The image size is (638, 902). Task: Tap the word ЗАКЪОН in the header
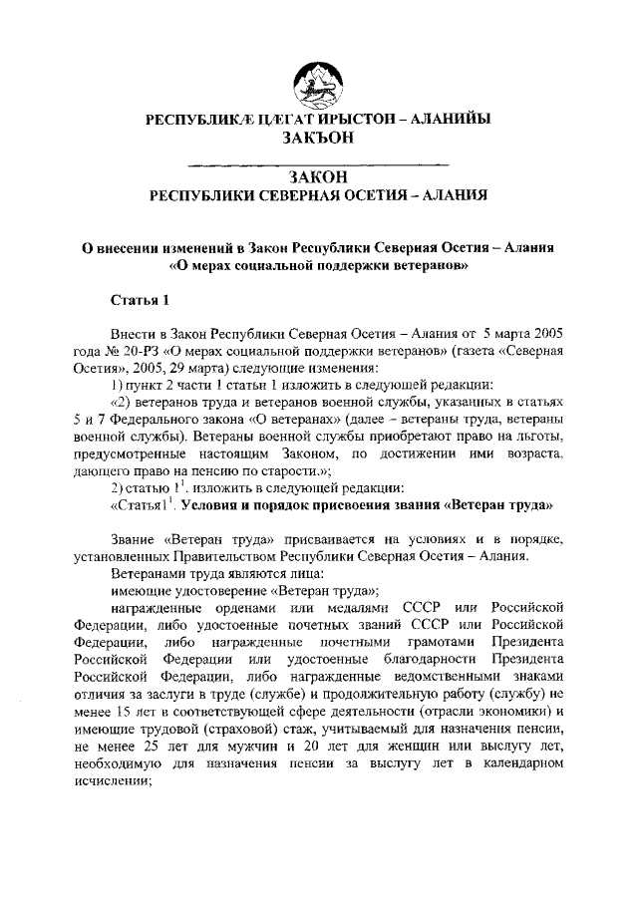(x=319, y=140)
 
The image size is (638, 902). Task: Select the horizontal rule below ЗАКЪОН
(x=319, y=162)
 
